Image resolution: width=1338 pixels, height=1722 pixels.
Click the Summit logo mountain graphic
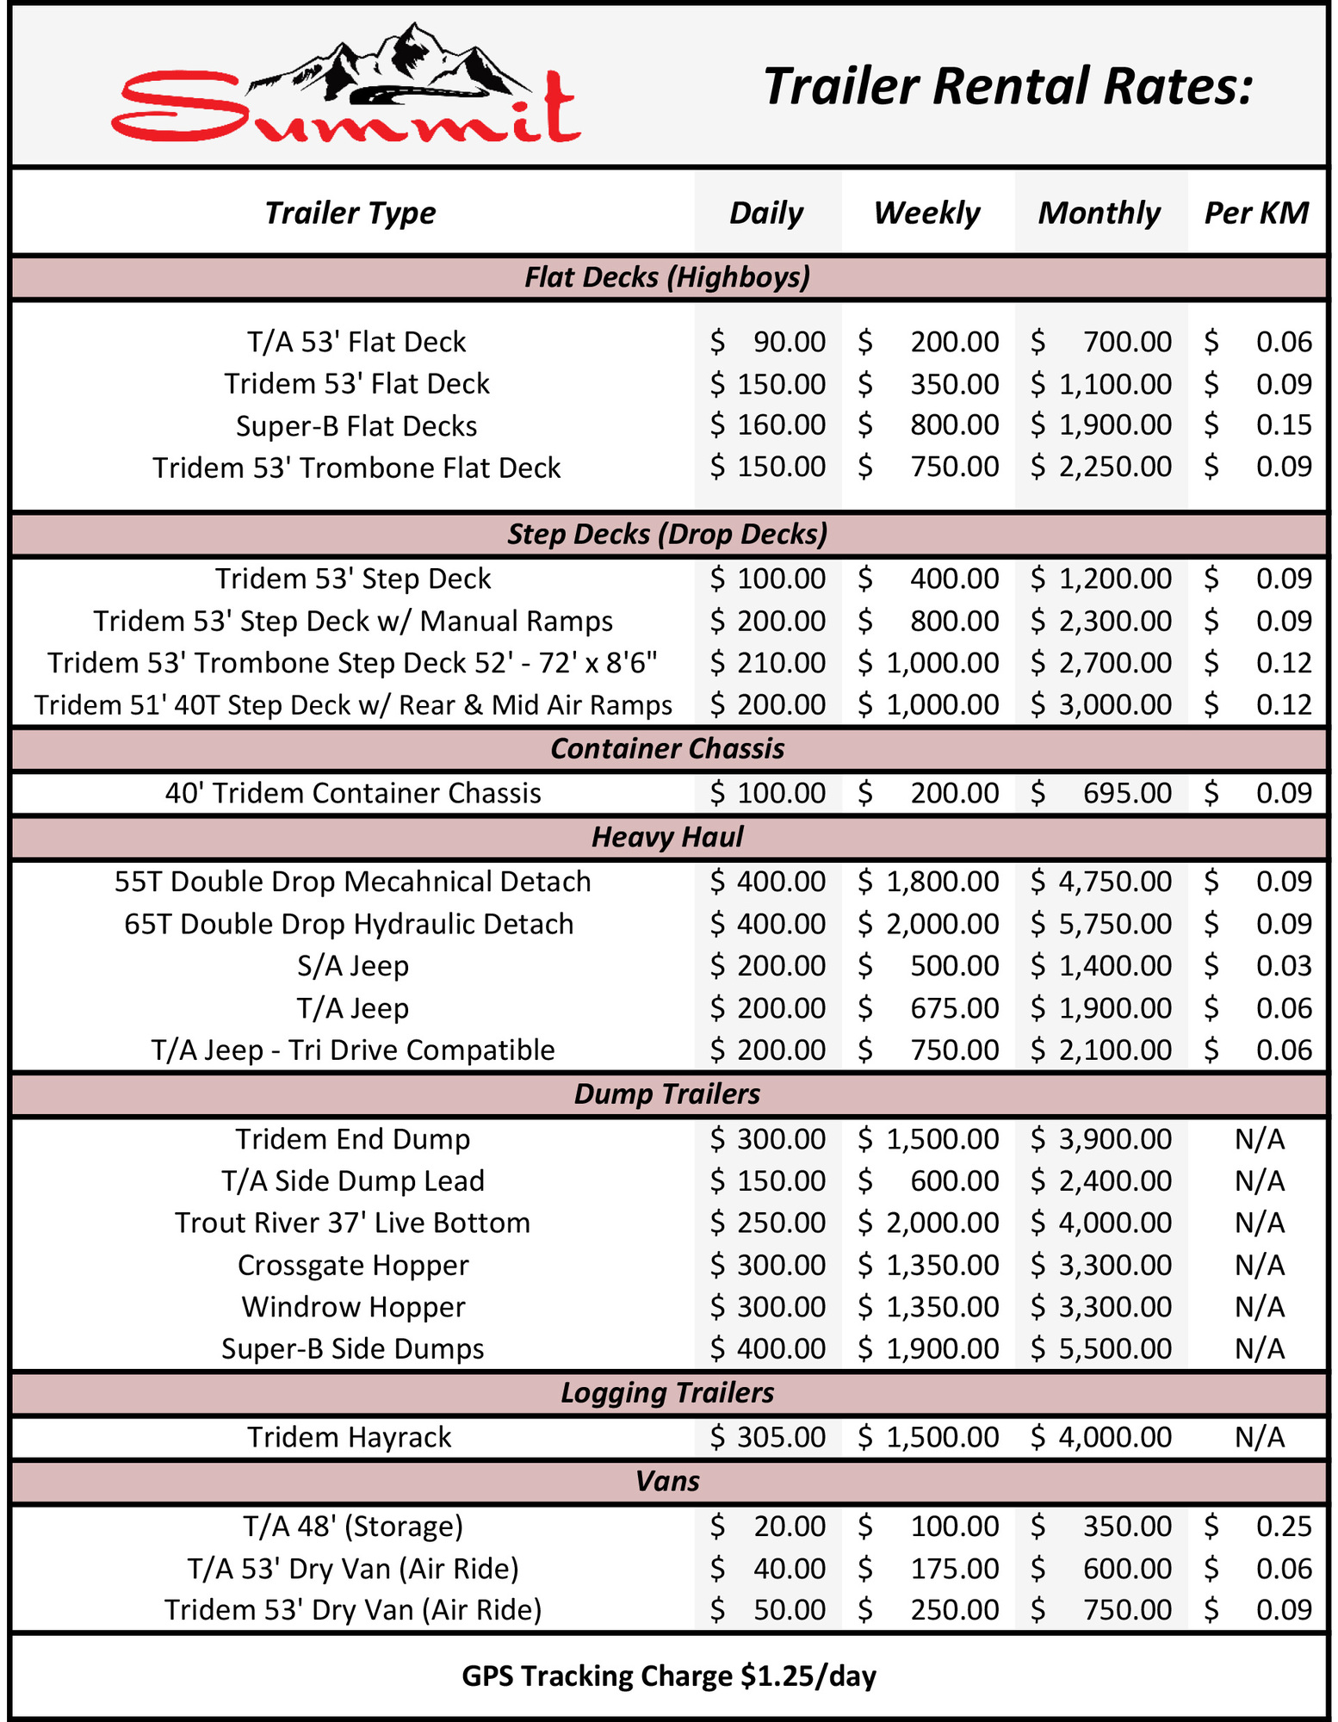pyautogui.click(x=392, y=62)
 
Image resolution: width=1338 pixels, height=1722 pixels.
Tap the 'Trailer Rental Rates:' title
pyautogui.click(x=1007, y=87)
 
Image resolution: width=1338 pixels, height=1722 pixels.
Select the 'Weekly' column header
pyautogui.click(x=926, y=213)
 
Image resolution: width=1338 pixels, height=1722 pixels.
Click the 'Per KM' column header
pyautogui.click(x=1256, y=213)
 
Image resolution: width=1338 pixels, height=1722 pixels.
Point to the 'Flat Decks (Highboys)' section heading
pyautogui.click(x=667, y=277)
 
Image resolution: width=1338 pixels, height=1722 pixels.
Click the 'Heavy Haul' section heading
pyautogui.click(x=667, y=837)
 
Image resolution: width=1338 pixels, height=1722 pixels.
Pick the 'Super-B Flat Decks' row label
pyautogui.click(x=356, y=426)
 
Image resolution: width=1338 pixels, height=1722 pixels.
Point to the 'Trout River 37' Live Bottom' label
pyautogui.click(x=353, y=1223)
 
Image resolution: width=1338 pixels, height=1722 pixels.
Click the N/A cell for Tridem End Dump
pyautogui.click(x=1259, y=1139)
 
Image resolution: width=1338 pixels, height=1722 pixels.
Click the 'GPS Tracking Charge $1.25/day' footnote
pyautogui.click(x=669, y=1676)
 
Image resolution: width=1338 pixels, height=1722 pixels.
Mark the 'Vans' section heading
pyautogui.click(x=667, y=1481)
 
